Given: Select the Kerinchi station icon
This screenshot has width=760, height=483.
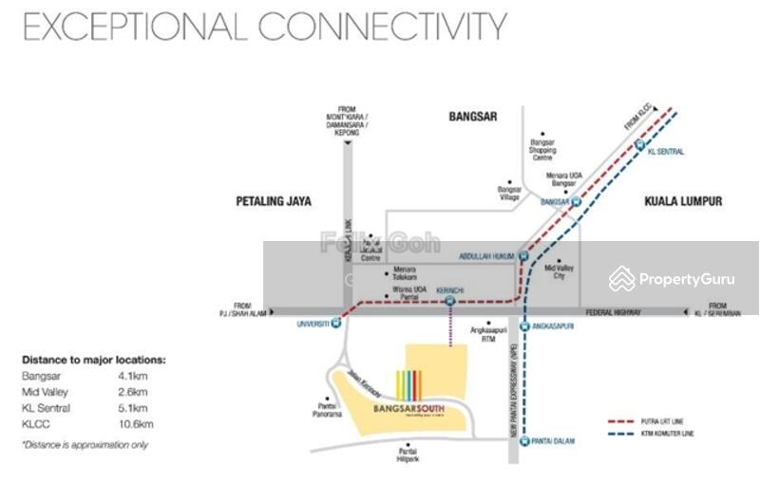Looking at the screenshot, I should (x=448, y=302).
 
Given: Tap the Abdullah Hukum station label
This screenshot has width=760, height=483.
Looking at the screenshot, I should (x=486, y=254).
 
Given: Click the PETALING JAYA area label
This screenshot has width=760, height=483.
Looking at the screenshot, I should (x=274, y=201).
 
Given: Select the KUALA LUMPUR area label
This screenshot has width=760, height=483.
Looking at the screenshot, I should (x=683, y=201).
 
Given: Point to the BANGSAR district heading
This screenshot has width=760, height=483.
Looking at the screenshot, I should (x=474, y=117).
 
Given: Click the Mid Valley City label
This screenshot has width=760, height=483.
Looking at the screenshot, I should (x=560, y=272).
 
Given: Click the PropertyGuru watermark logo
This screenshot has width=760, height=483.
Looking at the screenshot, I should (x=672, y=279).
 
